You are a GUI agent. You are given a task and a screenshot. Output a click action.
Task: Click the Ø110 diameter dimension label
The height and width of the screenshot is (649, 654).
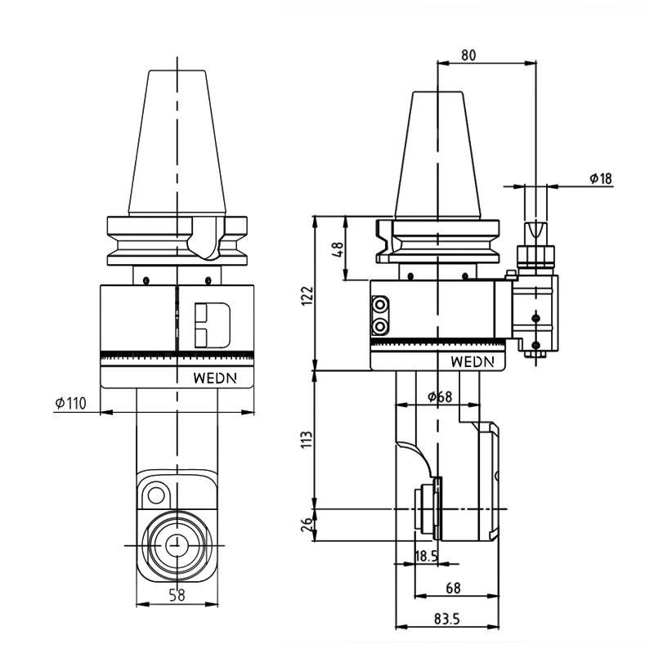[x=71, y=403]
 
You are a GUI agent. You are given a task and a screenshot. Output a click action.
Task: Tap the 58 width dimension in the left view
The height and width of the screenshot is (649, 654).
[x=177, y=595]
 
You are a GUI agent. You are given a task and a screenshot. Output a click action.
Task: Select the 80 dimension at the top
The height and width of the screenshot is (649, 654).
[x=468, y=55]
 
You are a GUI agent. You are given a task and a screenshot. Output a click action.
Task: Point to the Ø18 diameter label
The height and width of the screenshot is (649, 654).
[x=601, y=178]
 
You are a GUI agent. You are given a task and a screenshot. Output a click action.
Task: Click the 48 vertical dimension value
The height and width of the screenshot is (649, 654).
[x=338, y=249]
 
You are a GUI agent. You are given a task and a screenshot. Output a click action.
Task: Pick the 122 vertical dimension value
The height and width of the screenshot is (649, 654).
[x=307, y=296]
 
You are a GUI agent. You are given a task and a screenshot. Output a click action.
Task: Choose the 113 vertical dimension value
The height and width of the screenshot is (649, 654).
[x=307, y=440]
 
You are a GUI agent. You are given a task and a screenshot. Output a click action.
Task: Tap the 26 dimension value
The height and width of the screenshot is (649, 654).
[x=307, y=525]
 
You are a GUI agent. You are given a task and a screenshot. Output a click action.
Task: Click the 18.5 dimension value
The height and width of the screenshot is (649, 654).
[x=426, y=556]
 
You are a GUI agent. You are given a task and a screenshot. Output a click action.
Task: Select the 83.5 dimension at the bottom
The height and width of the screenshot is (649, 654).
[x=446, y=619]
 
